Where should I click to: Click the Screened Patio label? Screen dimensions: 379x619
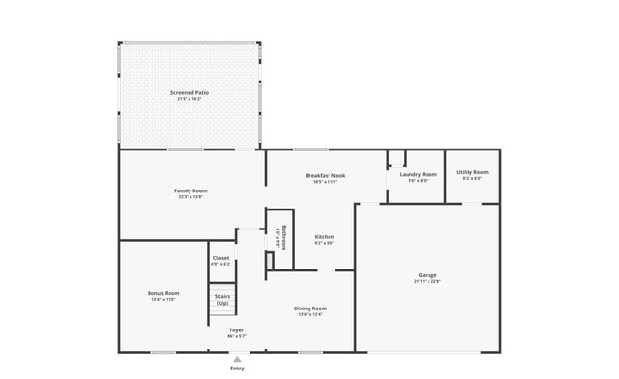click(x=190, y=92)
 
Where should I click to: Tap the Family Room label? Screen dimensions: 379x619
click(x=190, y=190)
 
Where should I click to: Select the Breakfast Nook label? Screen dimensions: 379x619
click(x=325, y=175)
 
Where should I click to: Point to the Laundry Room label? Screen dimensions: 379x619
click(x=418, y=174)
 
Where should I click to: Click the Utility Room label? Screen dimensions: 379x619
click(x=472, y=172)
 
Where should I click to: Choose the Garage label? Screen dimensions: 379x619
click(x=427, y=275)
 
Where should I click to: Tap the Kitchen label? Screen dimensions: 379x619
click(x=325, y=236)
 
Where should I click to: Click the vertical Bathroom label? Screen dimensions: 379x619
click(x=283, y=235)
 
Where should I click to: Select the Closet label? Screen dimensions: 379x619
click(x=221, y=257)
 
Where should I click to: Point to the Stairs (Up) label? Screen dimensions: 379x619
click(x=222, y=300)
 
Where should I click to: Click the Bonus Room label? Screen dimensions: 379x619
click(x=164, y=293)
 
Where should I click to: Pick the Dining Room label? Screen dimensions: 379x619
click(x=311, y=309)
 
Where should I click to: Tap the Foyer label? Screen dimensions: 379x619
click(x=236, y=330)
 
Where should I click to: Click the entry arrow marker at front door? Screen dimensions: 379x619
click(x=236, y=358)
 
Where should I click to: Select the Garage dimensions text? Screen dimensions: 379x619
click(x=427, y=281)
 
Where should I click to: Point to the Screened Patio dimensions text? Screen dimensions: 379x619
click(x=190, y=98)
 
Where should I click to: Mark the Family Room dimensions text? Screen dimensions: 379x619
click(x=190, y=196)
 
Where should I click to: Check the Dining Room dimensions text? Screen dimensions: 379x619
click(x=311, y=314)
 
